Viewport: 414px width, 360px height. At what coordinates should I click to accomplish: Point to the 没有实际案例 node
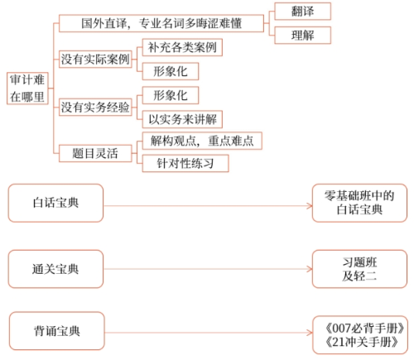[x=95, y=60]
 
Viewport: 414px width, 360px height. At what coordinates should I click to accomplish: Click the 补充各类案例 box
[x=182, y=47]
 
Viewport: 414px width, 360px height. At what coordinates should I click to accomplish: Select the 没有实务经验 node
[x=95, y=107]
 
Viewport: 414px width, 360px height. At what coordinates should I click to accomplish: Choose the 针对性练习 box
[x=181, y=163]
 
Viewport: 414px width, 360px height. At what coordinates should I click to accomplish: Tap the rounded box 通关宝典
[x=57, y=267]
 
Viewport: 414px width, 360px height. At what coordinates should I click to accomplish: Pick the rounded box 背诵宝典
[x=57, y=330]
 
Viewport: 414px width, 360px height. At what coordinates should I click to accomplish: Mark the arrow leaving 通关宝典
[x=207, y=267]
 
